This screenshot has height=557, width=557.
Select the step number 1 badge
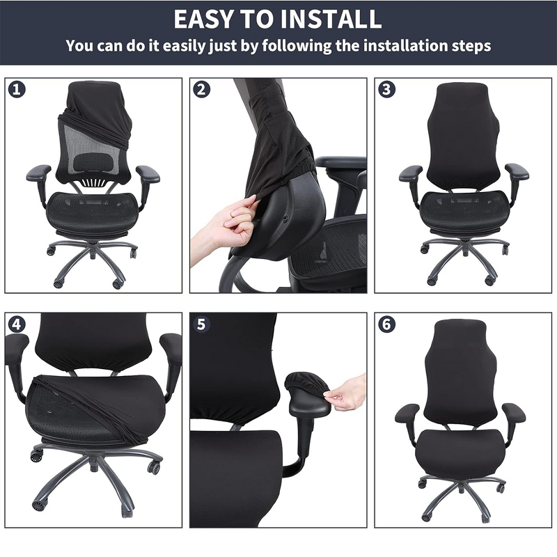pyautogui.click(x=16, y=89)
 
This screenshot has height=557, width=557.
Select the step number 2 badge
pyautogui.click(x=202, y=89)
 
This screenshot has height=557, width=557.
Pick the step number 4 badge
pyautogui.click(x=16, y=324)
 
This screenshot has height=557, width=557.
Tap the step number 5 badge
pyautogui.click(x=202, y=324)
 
